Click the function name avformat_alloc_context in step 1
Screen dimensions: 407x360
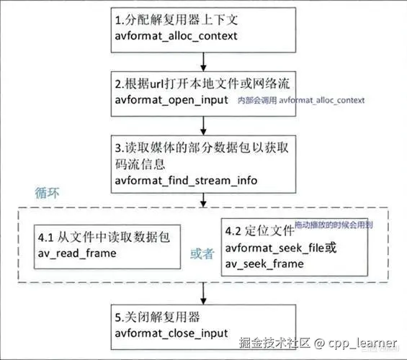coord(176,36)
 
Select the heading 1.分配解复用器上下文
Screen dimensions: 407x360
coord(176,19)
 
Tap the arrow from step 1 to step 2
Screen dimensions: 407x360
coord(203,62)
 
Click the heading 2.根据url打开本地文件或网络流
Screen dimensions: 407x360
coord(202,84)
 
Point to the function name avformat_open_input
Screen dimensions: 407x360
coord(171,100)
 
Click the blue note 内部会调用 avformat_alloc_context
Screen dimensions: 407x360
coord(301,100)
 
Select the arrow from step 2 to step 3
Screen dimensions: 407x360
coord(203,125)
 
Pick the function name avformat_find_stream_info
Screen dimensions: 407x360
coord(186,181)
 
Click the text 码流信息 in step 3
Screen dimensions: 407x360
coord(140,164)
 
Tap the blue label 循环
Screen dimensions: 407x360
coord(47,193)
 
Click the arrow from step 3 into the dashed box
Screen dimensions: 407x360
coord(203,200)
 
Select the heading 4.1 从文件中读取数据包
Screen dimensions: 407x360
coord(104,237)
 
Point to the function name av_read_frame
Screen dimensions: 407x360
coord(77,253)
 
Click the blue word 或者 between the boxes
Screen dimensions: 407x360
coord(202,253)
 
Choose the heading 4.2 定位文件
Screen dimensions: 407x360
coord(259,231)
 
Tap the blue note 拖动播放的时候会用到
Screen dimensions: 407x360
coord(334,225)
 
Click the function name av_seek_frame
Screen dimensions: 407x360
coord(264,264)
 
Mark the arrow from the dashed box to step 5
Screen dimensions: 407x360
coord(203,293)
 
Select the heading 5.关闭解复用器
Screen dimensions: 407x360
coord(158,318)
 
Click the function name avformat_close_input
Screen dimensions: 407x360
coord(171,333)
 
